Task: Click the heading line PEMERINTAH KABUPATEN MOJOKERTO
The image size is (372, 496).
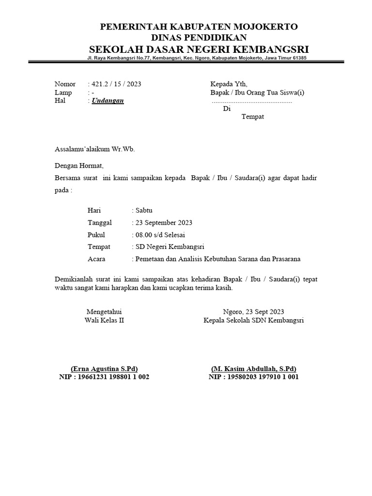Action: pos(199,27)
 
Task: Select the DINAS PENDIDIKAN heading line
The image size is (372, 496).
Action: pos(199,37)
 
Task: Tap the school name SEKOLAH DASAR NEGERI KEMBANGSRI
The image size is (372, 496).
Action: pos(199,49)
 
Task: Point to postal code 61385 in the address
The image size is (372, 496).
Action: pos(298,58)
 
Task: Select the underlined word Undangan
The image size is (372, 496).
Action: pos(108,101)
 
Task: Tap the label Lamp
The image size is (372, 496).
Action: pos(63,93)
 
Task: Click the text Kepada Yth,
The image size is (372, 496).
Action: pos(228,84)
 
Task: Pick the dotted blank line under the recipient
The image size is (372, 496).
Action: pos(252,102)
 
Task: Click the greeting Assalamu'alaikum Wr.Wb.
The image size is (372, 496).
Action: pos(95,149)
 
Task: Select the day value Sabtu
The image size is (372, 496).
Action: pos(144,210)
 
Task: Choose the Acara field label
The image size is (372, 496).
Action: pos(96,259)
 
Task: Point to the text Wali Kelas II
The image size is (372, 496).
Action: pos(104,320)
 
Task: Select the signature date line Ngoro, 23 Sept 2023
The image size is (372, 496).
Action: pos(253,311)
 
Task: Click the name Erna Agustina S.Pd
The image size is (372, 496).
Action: pos(104,368)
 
